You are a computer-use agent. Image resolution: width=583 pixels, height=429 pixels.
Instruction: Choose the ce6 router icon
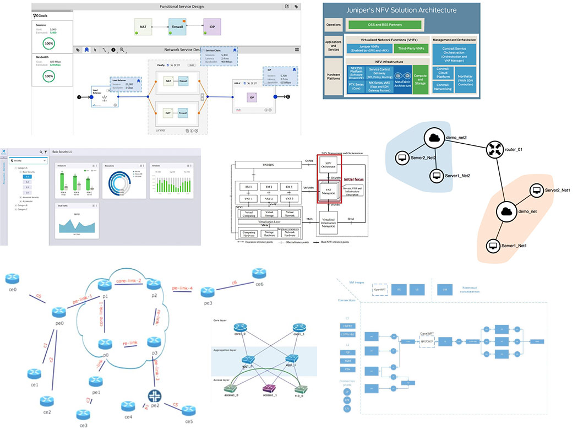(259, 274)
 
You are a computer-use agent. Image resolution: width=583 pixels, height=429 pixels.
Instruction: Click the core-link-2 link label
(129, 281)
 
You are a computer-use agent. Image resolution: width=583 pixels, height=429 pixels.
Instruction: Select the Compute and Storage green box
(420, 81)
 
